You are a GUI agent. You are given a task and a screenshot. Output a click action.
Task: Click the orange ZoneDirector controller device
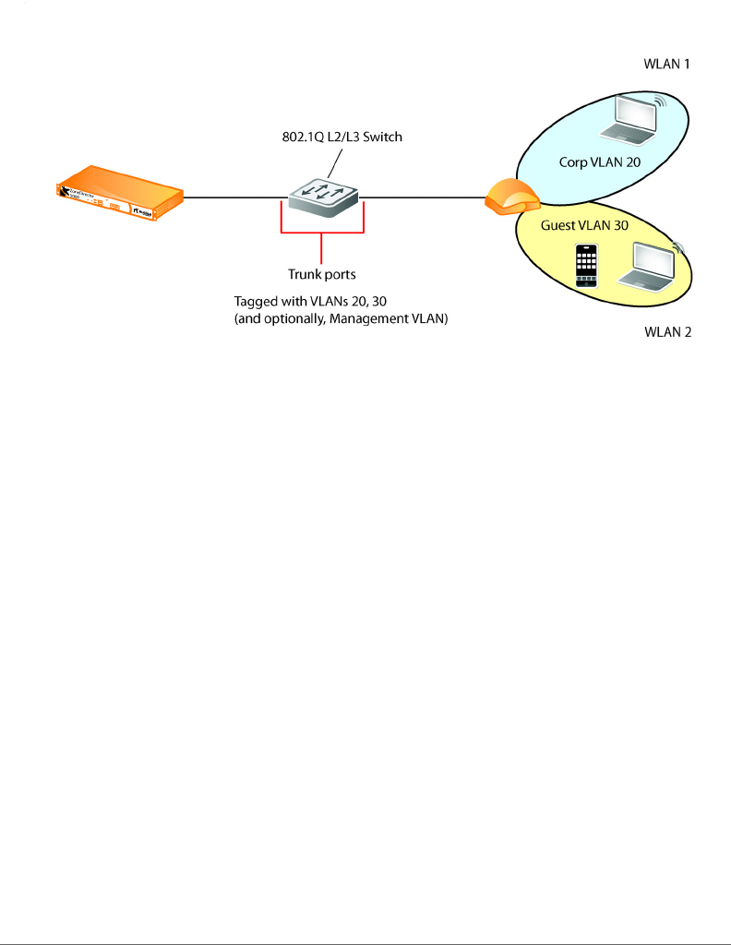[x=118, y=193]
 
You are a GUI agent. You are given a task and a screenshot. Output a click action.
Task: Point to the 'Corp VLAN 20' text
[x=599, y=161]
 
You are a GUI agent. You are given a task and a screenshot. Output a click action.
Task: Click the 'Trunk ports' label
[x=320, y=274]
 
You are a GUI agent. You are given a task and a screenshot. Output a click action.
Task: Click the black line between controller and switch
[x=234, y=197]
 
